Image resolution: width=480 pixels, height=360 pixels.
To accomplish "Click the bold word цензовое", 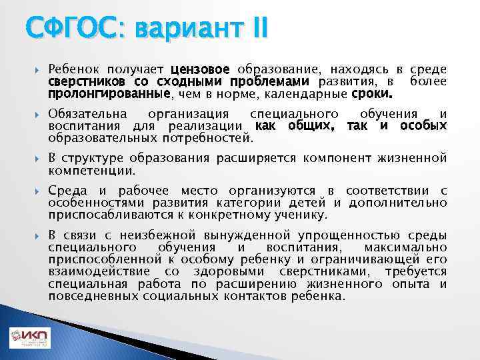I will (200, 69).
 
